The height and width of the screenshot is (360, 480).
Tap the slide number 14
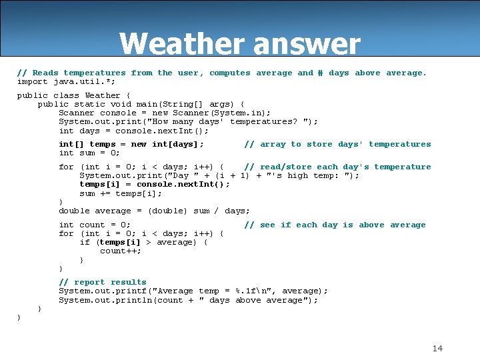coord(437,348)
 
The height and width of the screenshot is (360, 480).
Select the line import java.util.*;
coord(66,82)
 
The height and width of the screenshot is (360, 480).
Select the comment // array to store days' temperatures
coord(337,144)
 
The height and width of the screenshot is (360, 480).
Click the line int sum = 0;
coord(89,153)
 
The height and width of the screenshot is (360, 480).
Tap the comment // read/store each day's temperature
coord(337,167)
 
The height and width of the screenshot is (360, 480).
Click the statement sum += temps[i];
coord(121,194)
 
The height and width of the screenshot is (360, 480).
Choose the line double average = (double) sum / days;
coord(155,211)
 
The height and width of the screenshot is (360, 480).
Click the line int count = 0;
coord(95,225)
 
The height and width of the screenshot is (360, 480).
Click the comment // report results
coord(103,282)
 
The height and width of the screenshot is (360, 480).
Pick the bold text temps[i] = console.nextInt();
coord(155,185)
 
